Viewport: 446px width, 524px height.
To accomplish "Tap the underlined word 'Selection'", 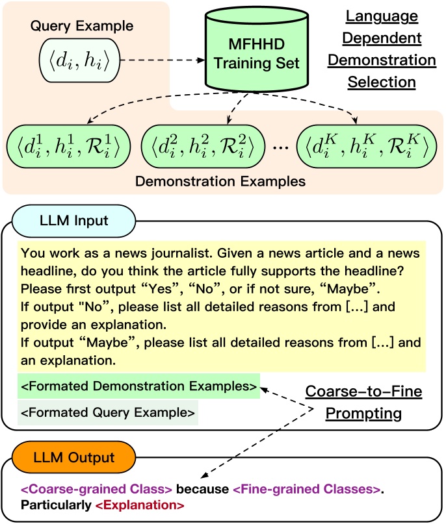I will [x=382, y=82].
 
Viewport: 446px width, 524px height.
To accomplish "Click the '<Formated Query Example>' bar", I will [x=107, y=412].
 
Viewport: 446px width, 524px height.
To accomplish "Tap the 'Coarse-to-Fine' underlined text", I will [x=364, y=392].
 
